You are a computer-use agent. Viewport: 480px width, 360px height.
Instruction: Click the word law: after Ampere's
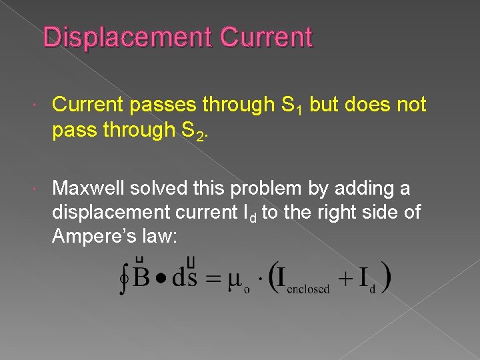point(157,237)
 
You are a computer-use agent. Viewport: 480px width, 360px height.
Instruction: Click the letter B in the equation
point(141,277)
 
